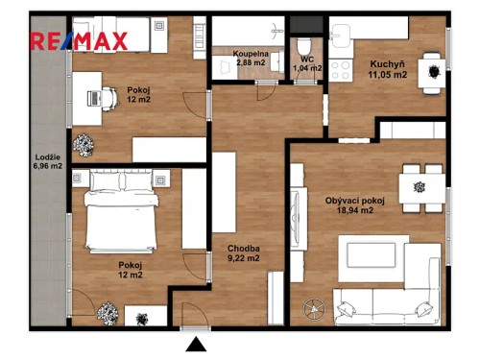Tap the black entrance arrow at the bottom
196,345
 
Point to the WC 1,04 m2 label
307,63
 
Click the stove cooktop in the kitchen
341,68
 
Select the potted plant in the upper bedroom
84,145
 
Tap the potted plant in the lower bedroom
108,312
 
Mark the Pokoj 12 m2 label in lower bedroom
130,269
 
